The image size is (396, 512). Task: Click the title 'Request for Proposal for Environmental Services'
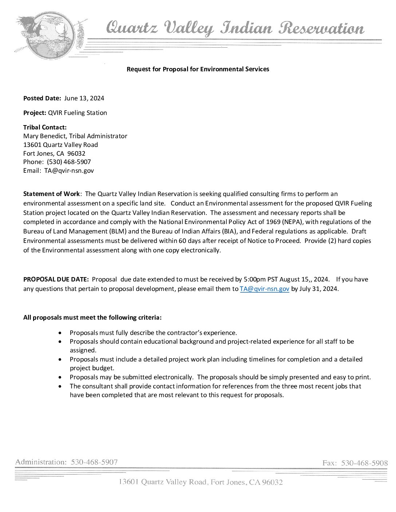click(198, 69)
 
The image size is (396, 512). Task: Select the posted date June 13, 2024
click(84, 98)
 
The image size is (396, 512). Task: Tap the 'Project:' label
click(35, 113)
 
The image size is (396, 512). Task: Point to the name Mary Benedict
click(45, 136)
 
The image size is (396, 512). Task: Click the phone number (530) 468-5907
click(69, 162)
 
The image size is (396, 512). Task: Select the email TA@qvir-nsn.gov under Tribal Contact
click(69, 171)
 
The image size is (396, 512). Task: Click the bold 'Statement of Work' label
click(51, 194)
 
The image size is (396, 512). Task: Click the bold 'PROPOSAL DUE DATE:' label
click(56, 279)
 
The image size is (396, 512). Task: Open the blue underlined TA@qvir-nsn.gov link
click(264, 289)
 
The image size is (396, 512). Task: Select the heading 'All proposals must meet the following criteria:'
click(92, 317)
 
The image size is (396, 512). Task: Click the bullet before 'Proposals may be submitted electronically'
click(60, 377)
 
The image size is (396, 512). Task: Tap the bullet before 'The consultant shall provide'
click(60, 386)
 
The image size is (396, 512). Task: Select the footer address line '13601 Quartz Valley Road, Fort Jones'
click(201, 482)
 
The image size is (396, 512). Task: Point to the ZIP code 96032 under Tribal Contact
click(76, 153)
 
